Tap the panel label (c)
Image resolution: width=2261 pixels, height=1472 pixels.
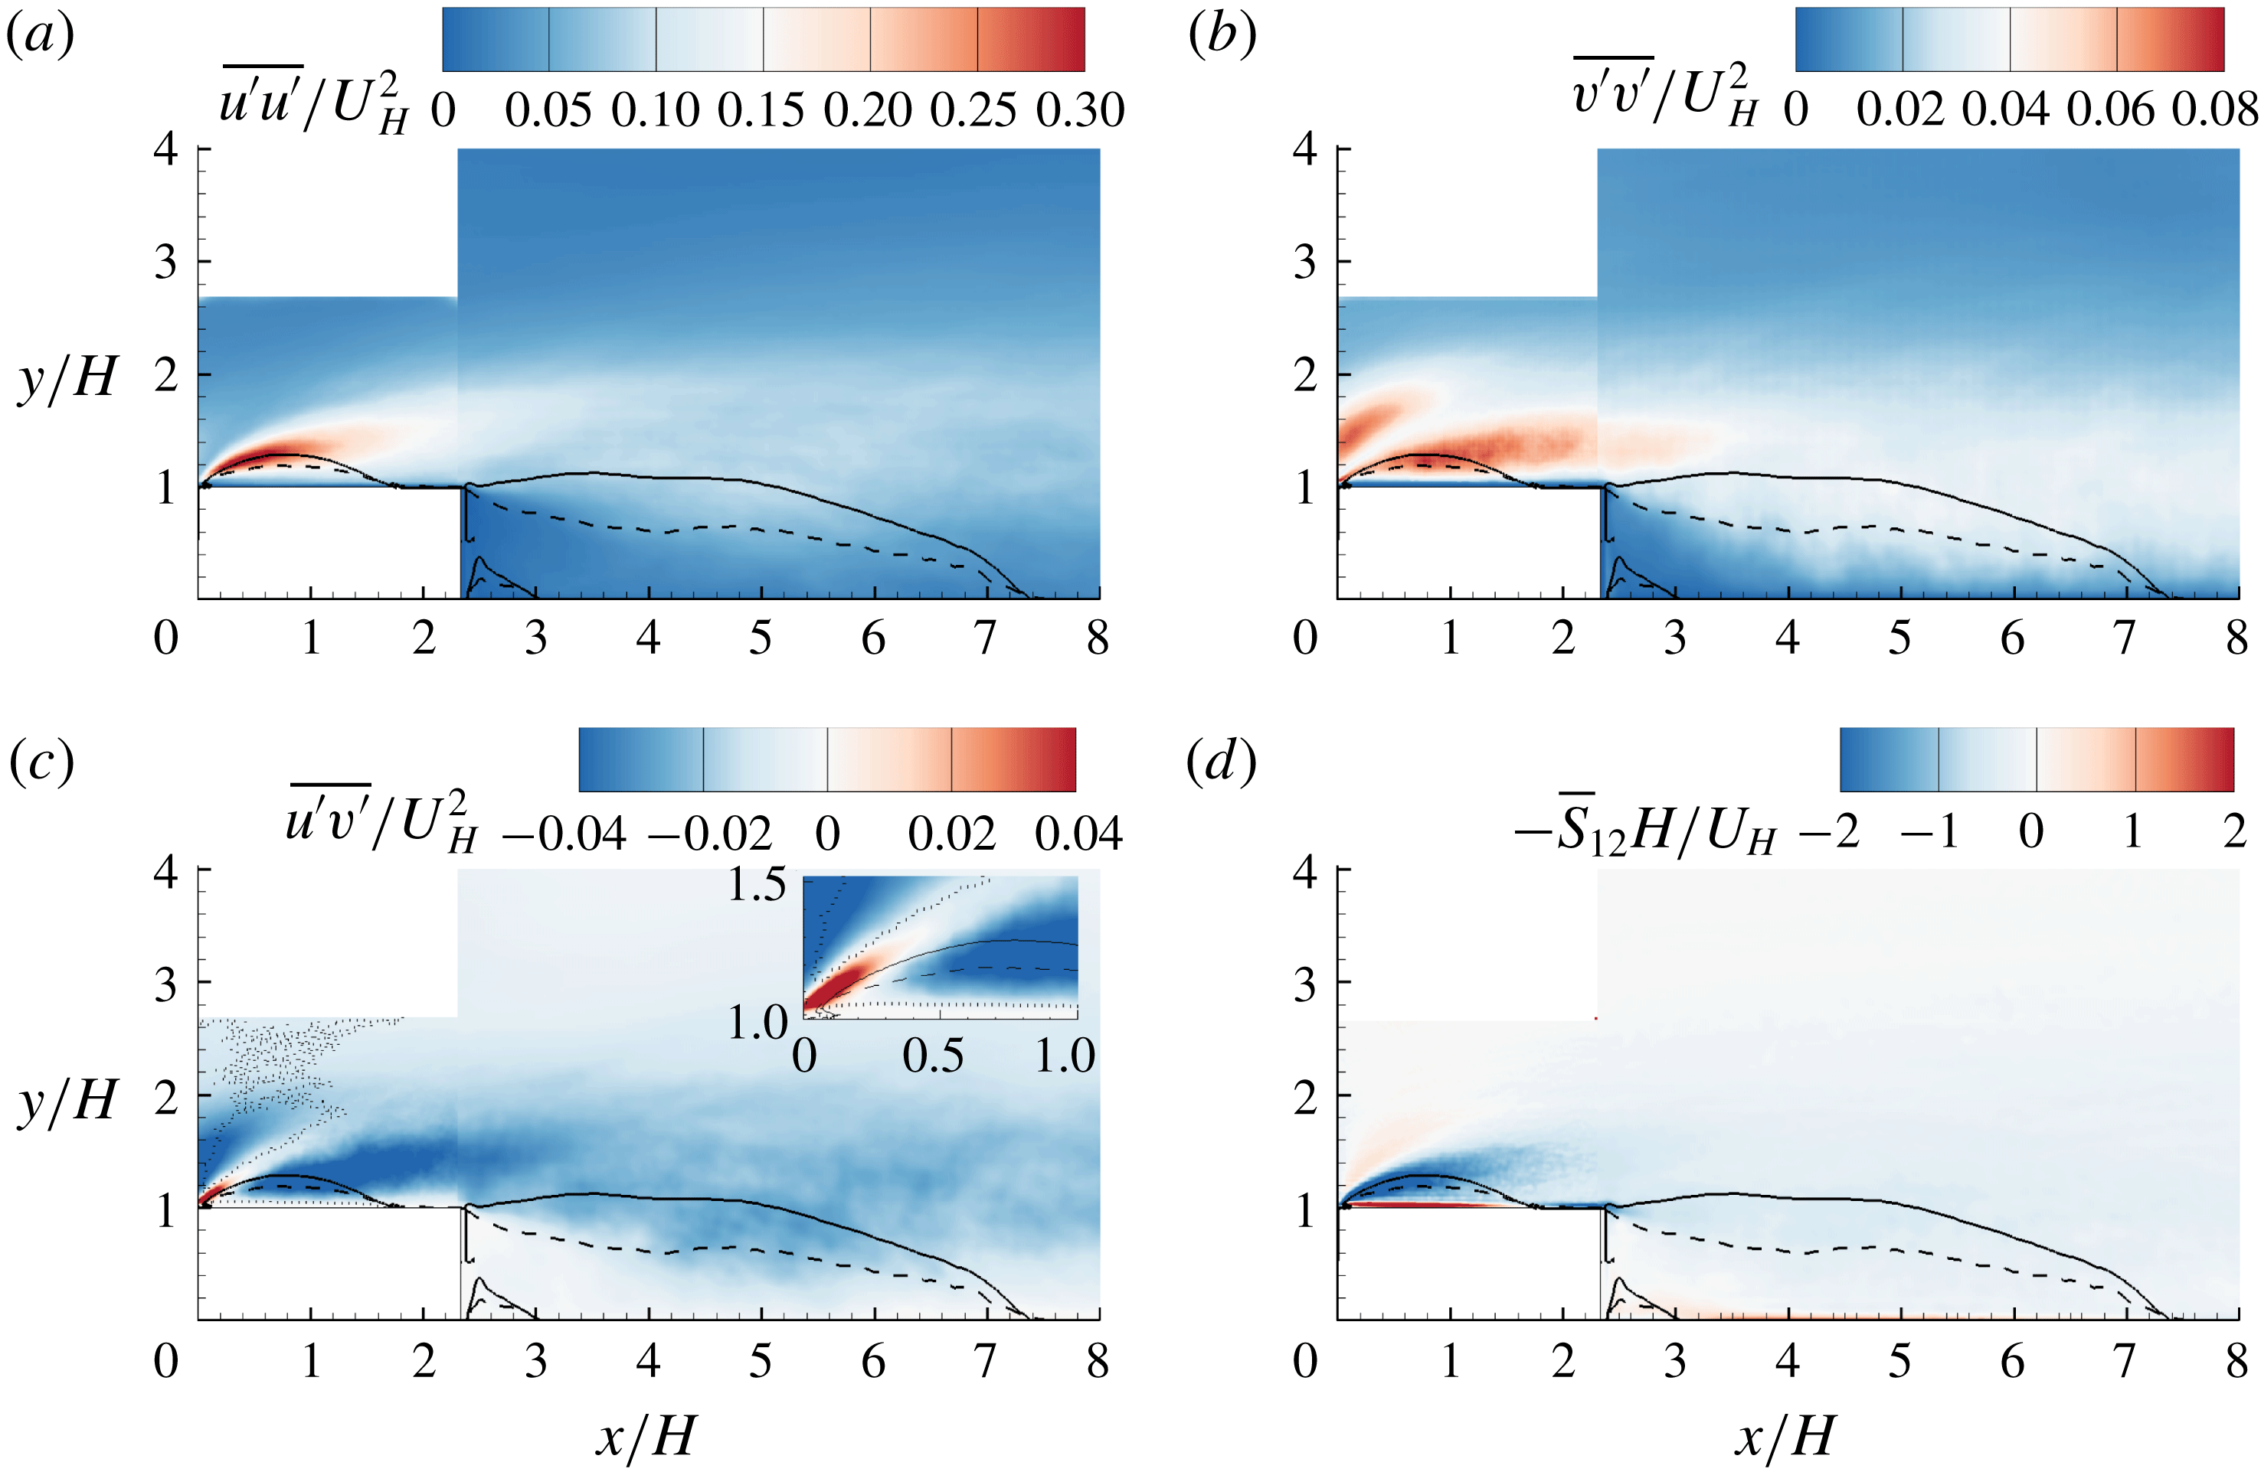[x=40, y=762]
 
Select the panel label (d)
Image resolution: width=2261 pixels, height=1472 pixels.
[x=1222, y=762]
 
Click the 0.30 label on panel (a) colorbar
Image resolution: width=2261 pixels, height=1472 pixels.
[x=1080, y=111]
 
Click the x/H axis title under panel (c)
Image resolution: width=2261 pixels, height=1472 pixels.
[x=646, y=1436]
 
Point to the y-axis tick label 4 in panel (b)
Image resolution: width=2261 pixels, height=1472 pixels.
[x=1305, y=149]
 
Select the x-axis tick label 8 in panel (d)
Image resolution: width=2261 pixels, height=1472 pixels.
[x=2237, y=1362]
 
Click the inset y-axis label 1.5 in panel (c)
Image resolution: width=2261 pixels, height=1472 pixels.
[x=757, y=885]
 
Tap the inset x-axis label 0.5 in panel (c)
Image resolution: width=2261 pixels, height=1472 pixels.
[x=933, y=1056]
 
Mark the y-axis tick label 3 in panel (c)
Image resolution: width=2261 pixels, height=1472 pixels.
[x=166, y=985]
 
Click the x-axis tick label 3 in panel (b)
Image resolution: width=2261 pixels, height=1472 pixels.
[x=1675, y=638]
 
